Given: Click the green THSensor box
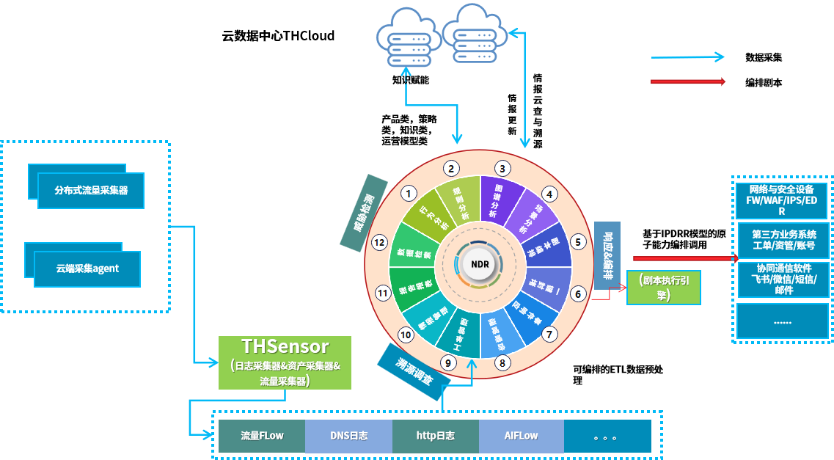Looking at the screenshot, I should pyautogui.click(x=285, y=362).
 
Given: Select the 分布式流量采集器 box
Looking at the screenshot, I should pyautogui.click(x=91, y=190).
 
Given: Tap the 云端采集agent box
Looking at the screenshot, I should pyautogui.click(x=87, y=269).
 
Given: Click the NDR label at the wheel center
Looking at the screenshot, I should pyautogui.click(x=480, y=264).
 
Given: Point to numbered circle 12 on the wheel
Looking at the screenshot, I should pyautogui.click(x=379, y=241).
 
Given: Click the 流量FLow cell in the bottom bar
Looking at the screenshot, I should pyautogui.click(x=262, y=436).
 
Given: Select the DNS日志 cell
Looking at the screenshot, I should pyautogui.click(x=348, y=436).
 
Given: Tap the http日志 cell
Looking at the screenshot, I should pyautogui.click(x=435, y=436).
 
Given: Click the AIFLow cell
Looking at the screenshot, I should pyautogui.click(x=521, y=436).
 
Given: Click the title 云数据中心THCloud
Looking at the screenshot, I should pyautogui.click(x=278, y=35).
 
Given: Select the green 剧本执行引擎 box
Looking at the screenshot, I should pyautogui.click(x=662, y=287).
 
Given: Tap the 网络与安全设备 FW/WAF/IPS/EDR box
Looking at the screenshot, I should pyautogui.click(x=782, y=200).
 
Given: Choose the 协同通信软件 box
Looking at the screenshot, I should pyautogui.click(x=782, y=279).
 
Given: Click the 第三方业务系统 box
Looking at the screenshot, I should pyautogui.click(x=782, y=239).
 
